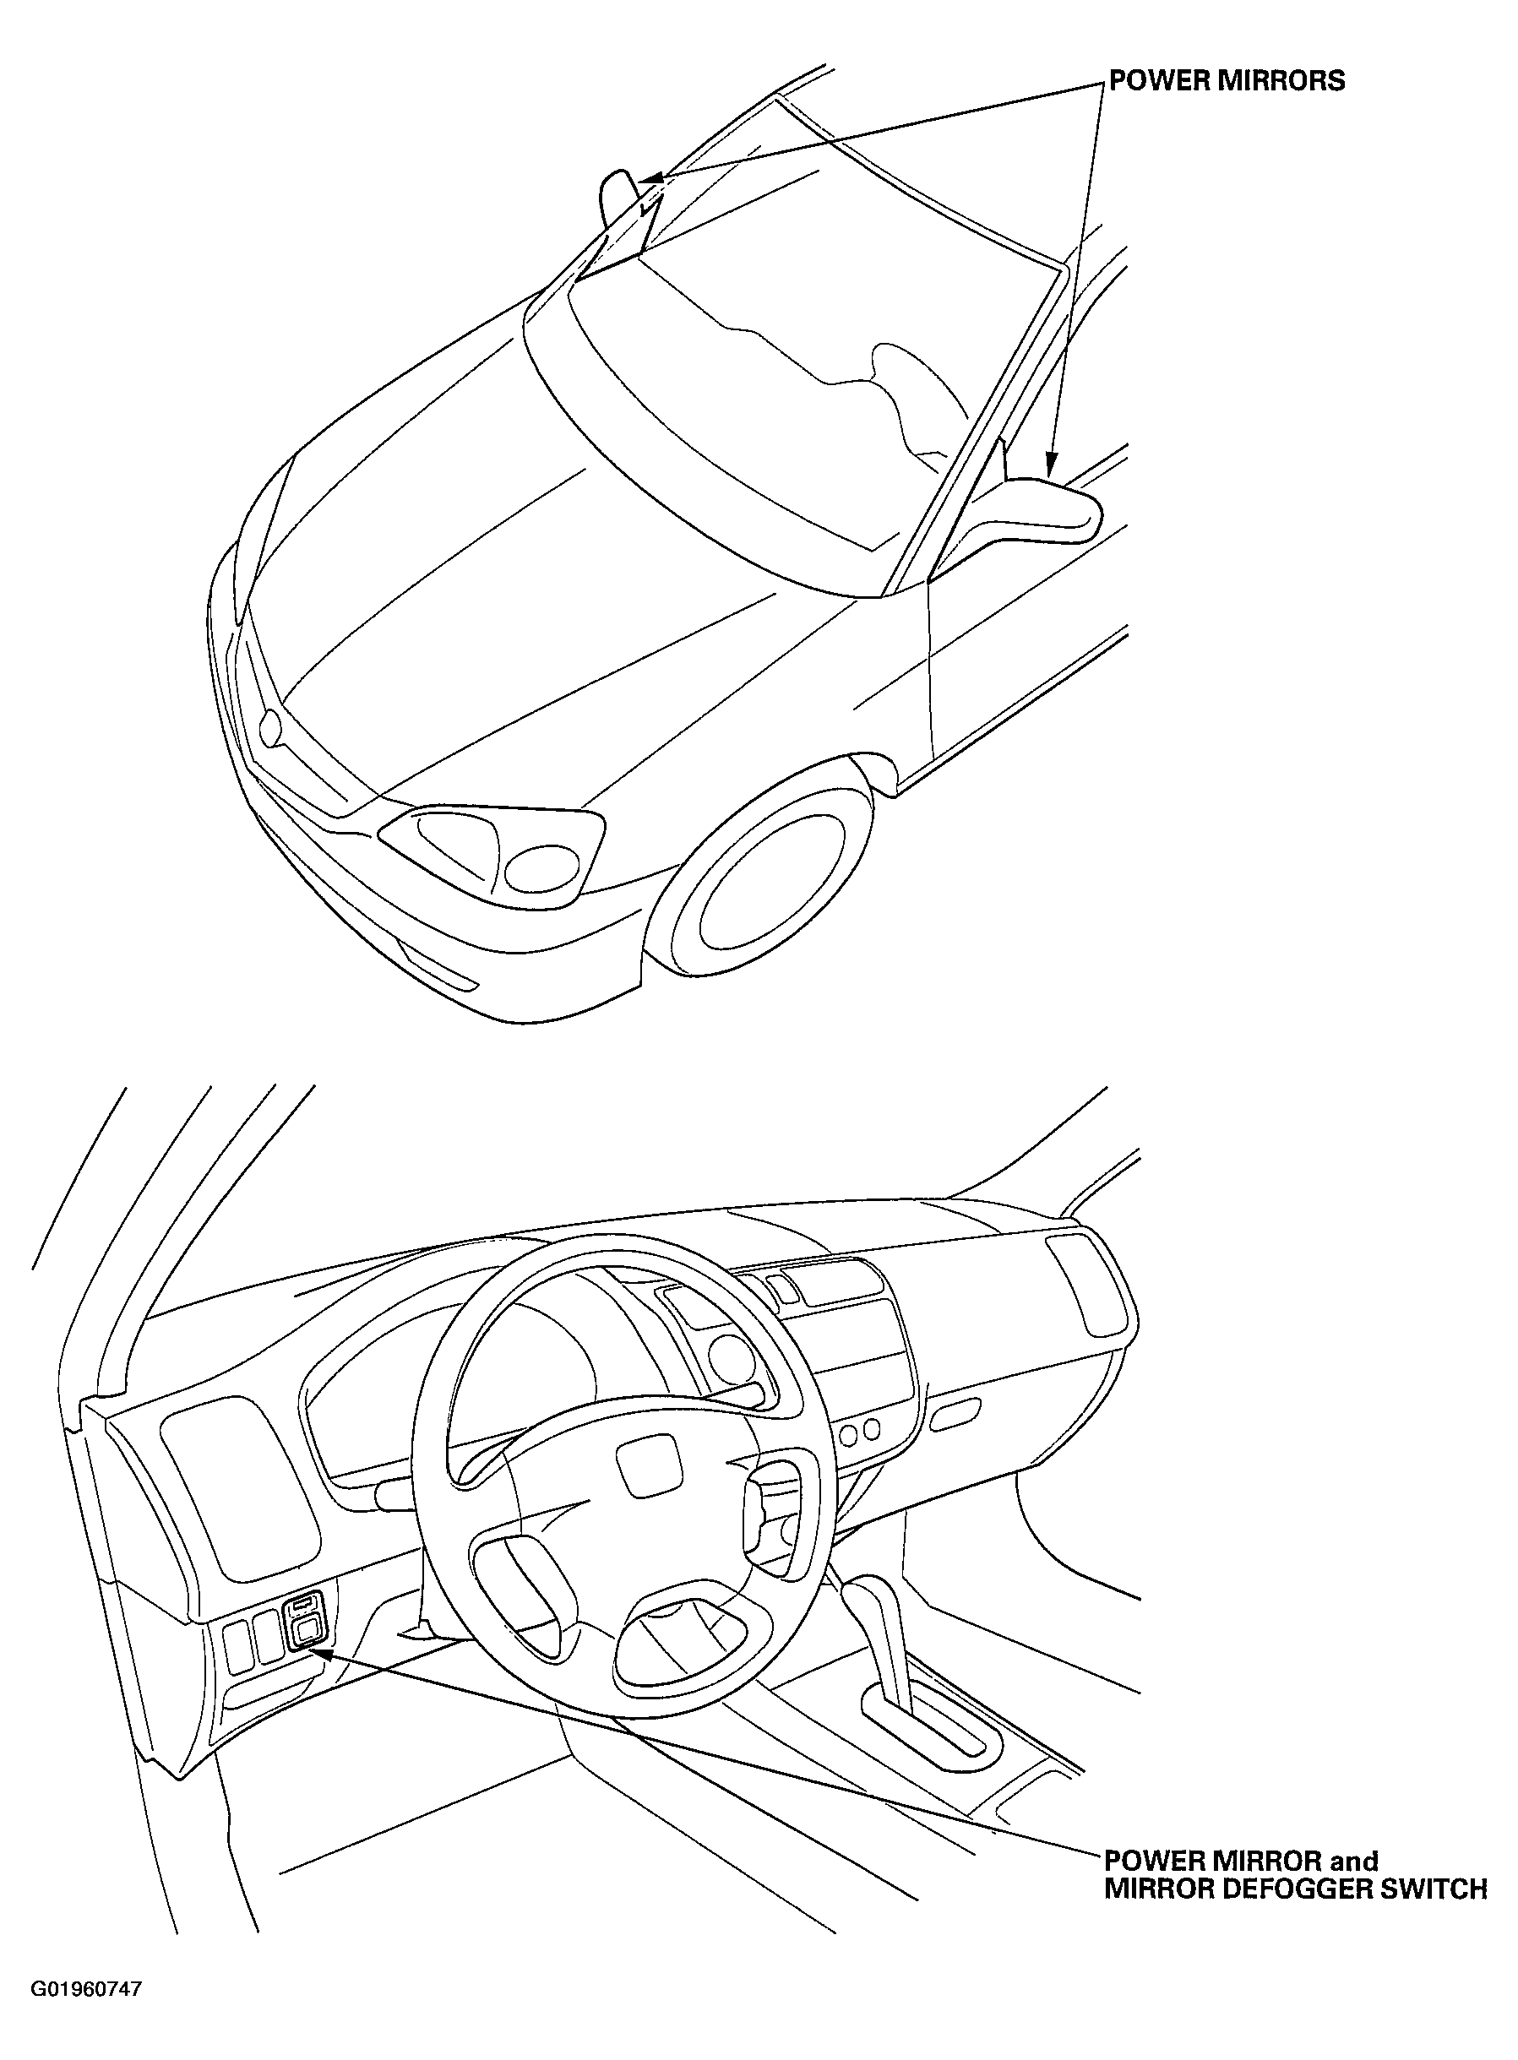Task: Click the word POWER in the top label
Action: pos(1159,81)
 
